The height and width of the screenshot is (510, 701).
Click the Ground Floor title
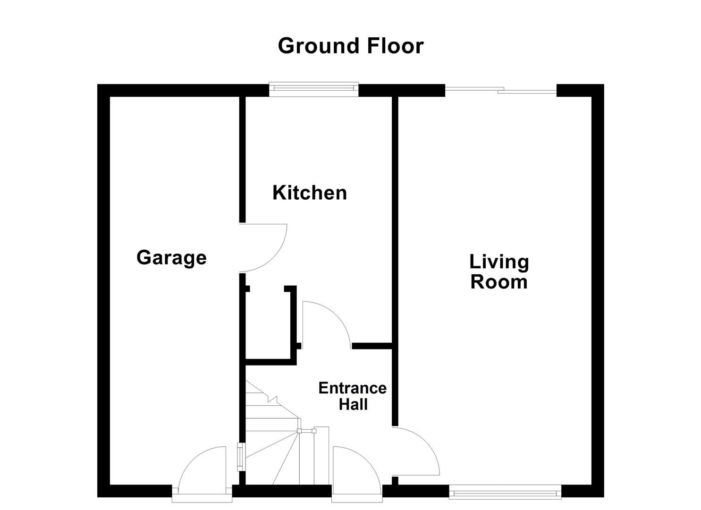click(x=350, y=46)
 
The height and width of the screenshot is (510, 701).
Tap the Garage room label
click(x=171, y=258)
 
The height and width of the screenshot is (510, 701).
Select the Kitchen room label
click(x=310, y=193)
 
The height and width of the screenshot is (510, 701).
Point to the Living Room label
click(x=499, y=272)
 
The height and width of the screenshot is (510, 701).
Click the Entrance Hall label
click(x=353, y=396)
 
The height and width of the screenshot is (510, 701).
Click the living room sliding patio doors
click(x=501, y=90)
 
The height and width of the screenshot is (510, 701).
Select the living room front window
click(x=505, y=494)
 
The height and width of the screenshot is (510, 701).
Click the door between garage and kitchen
click(x=262, y=248)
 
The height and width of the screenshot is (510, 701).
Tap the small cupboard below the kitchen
click(x=268, y=326)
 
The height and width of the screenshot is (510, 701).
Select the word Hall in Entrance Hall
click(x=353, y=405)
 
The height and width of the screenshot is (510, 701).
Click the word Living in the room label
click(x=499, y=262)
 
